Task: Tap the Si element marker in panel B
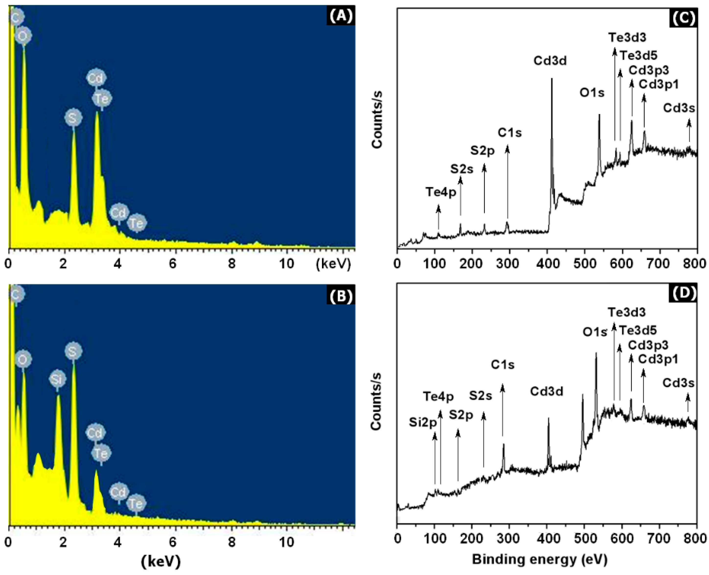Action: (57, 379)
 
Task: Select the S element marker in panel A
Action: (73, 118)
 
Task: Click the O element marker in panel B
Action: (23, 360)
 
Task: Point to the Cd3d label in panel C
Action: (550, 61)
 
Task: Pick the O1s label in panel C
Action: (592, 93)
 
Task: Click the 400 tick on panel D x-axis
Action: (547, 539)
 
